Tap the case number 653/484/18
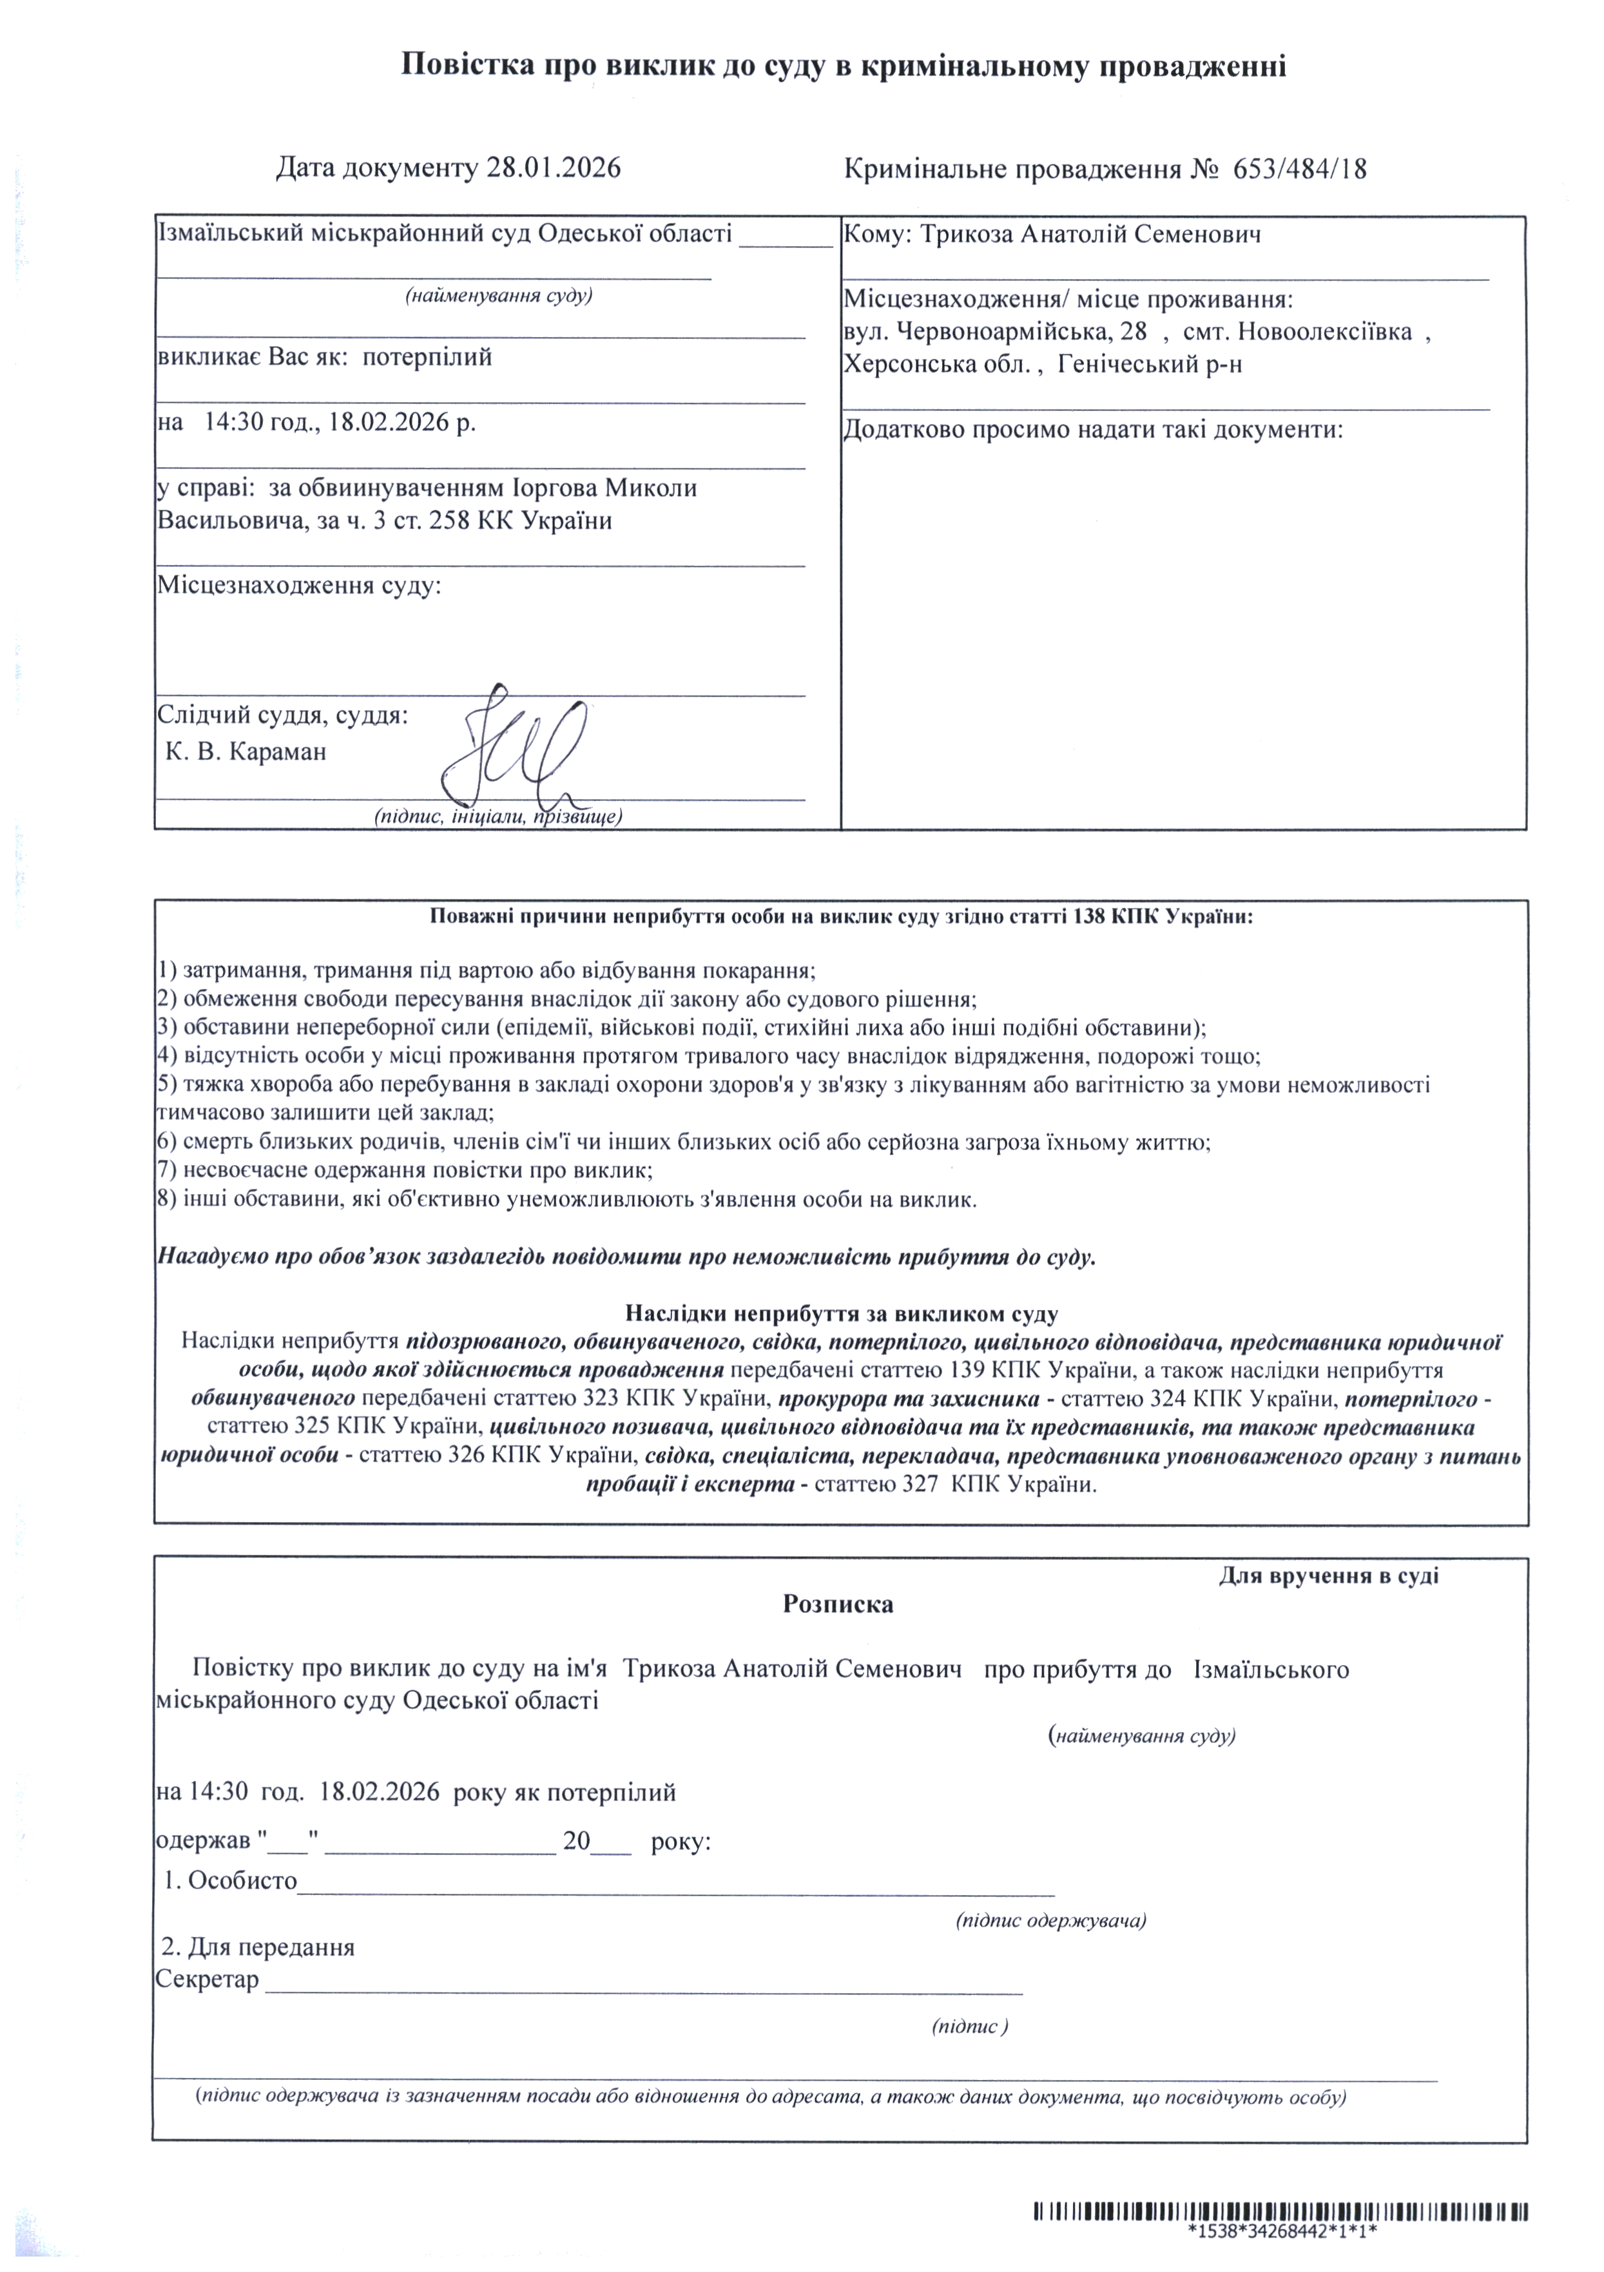pyautogui.click(x=1299, y=169)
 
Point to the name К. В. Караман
pyautogui.click(x=246, y=751)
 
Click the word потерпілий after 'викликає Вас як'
pyautogui.click(x=427, y=357)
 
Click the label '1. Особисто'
pyautogui.click(x=231, y=1880)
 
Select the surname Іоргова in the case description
pyautogui.click(x=555, y=488)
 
